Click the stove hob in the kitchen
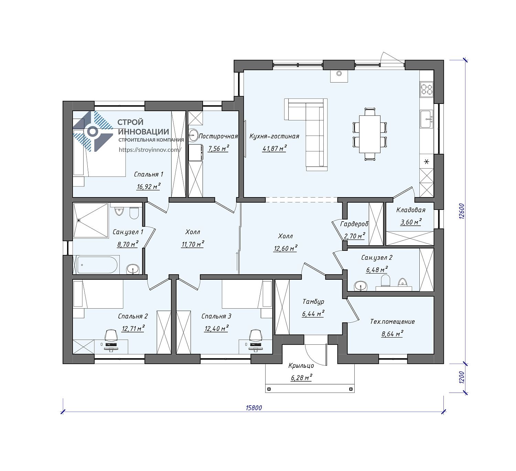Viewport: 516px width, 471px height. point(427,89)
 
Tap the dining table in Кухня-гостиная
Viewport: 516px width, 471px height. point(370,134)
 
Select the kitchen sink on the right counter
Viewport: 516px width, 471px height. point(427,119)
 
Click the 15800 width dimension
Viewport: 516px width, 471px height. point(254,408)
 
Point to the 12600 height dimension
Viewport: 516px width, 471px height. point(462,211)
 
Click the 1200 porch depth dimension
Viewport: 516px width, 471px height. point(462,377)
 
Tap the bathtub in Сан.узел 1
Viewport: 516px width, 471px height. point(97,265)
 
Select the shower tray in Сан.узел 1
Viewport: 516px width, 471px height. point(90,221)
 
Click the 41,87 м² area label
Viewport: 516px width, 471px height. point(275,149)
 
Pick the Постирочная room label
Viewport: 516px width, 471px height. point(218,136)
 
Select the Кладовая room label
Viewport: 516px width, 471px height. point(411,210)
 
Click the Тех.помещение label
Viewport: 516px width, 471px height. point(393,321)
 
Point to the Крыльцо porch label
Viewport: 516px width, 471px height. point(301,365)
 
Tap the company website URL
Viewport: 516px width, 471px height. point(150,150)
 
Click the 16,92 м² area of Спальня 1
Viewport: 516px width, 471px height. point(149,186)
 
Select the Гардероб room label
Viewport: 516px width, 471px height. point(354,224)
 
